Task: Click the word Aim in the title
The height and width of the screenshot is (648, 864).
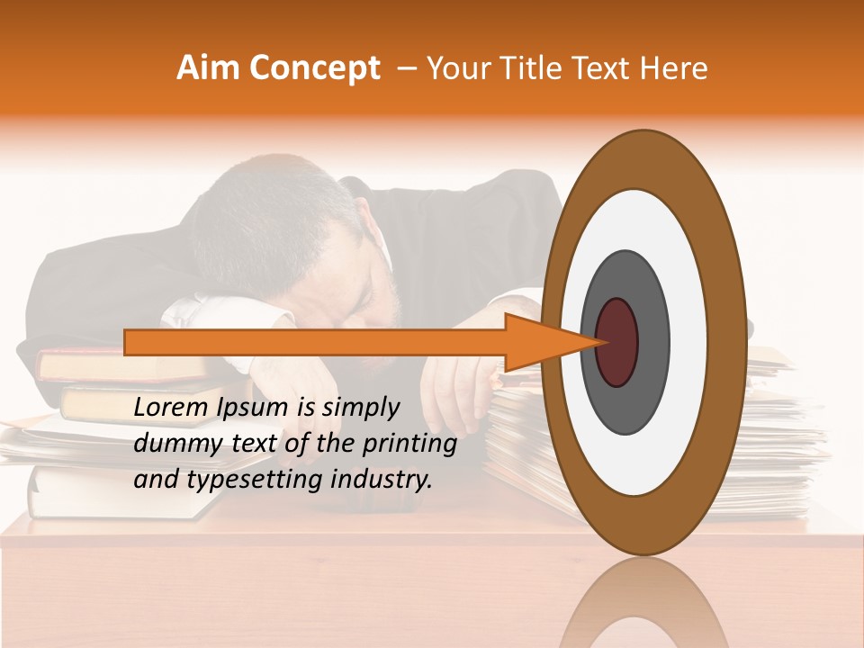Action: [x=209, y=68]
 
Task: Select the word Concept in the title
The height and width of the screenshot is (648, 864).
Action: [x=314, y=68]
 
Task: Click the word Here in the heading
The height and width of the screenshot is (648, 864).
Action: [x=673, y=68]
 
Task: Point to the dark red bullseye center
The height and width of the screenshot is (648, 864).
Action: [x=616, y=342]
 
